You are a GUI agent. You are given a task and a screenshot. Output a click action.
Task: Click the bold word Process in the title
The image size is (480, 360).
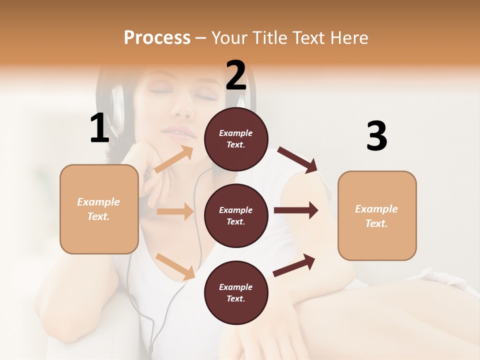[157, 38]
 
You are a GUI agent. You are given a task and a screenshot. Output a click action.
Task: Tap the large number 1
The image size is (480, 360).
[99, 128]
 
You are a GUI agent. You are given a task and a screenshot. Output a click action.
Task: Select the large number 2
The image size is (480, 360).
[236, 75]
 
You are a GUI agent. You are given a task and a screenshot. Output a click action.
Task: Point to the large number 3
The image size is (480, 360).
[376, 136]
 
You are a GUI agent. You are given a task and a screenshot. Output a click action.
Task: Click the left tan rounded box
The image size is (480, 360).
[99, 209]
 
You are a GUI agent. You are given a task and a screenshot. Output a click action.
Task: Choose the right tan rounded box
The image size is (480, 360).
[377, 215]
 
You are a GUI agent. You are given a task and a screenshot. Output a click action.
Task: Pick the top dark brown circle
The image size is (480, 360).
[236, 139]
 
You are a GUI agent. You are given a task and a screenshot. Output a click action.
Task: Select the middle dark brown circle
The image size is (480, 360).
[236, 215]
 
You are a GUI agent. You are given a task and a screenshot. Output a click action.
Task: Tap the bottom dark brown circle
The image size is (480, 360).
[236, 292]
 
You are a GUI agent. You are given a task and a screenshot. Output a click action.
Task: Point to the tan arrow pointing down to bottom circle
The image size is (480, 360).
[175, 266]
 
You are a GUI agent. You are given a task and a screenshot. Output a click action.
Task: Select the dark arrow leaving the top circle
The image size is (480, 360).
[298, 160]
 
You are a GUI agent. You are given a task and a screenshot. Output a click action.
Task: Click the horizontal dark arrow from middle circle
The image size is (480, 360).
[296, 210]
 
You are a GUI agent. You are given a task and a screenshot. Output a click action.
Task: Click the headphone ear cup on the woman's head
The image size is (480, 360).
[116, 107]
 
